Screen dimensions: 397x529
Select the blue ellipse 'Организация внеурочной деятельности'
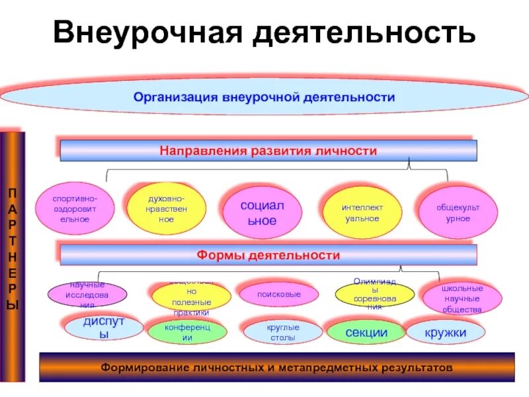pyautogui.click(x=264, y=97)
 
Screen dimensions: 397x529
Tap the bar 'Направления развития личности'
pyautogui.click(x=268, y=151)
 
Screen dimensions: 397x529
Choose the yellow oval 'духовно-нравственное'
pyautogui.click(x=166, y=208)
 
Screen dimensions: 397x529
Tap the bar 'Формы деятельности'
pyautogui.click(x=268, y=255)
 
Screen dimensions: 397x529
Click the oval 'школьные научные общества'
pyautogui.click(x=463, y=298)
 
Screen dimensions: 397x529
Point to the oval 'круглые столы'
pyautogui.click(x=282, y=332)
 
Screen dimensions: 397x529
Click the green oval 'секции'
pyautogui.click(x=366, y=332)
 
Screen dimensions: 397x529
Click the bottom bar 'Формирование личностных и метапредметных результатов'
pyautogui.click(x=276, y=367)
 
